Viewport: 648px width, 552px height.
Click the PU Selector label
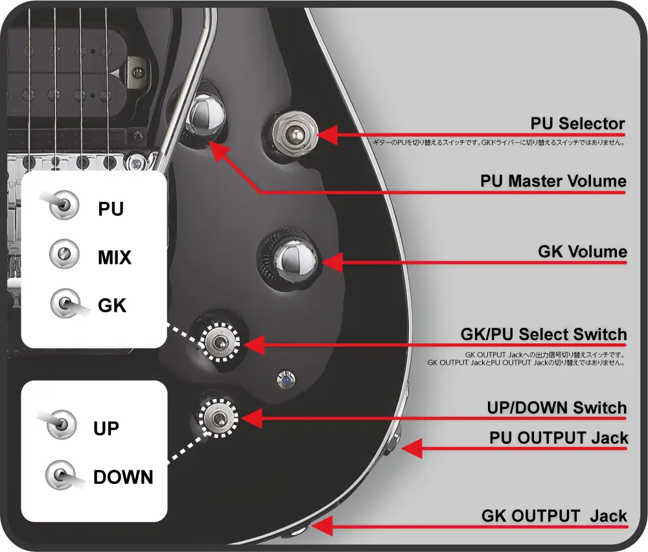[x=577, y=124]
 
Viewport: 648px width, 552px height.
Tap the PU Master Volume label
[x=553, y=181]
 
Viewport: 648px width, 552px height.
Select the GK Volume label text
[x=583, y=252]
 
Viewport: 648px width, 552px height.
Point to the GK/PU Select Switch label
[x=543, y=335]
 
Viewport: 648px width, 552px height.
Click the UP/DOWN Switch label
[x=557, y=408]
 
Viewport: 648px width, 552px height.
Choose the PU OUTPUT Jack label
[x=559, y=438]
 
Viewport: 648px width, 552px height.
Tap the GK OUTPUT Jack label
[x=554, y=516]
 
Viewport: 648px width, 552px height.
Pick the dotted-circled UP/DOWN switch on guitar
[x=218, y=416]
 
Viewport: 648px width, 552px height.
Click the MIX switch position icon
[x=64, y=255]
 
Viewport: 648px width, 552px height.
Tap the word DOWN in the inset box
[x=123, y=478]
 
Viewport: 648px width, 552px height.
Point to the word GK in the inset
[x=112, y=305]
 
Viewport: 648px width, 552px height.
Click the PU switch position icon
[x=64, y=206]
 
